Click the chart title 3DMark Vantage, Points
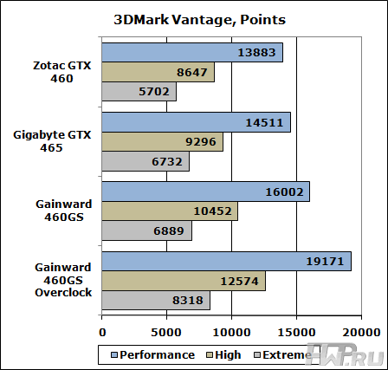click(x=194, y=19)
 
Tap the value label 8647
click(x=191, y=73)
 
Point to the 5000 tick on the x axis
click(x=168, y=332)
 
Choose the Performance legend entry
click(x=152, y=354)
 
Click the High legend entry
click(x=224, y=354)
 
